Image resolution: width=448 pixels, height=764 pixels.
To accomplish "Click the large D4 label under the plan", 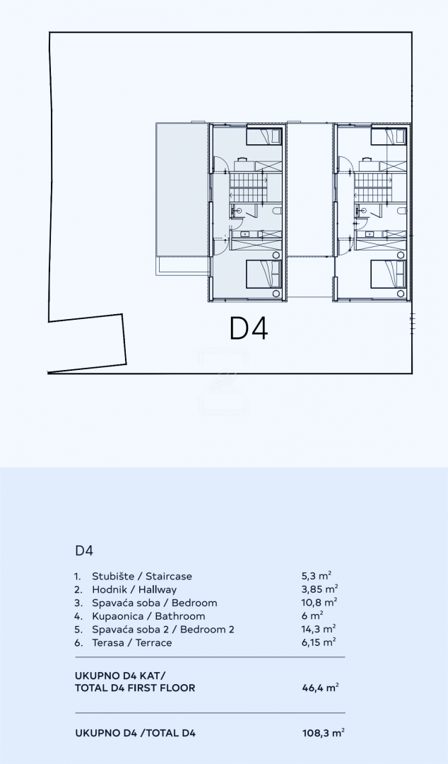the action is pos(248,328).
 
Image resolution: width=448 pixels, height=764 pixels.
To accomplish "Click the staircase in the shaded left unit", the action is pos(248,187).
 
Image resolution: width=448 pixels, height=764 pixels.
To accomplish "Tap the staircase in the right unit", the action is pos(372,187).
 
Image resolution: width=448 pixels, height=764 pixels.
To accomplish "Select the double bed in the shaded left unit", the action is pos(264,274).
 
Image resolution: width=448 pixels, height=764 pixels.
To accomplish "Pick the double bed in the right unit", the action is pos(389,274).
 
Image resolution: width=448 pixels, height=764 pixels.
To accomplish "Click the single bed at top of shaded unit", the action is pos(264,137).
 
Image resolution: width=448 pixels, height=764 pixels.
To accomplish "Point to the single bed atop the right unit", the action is pos(389,137).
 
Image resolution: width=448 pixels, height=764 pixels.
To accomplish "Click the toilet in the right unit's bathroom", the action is pos(402,211).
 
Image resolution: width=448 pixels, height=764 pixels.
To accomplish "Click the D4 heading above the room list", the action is pos(84,550).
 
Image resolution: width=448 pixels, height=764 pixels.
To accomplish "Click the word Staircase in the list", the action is pos(168,576).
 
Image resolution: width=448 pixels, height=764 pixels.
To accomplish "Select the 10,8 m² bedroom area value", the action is pos(319,602).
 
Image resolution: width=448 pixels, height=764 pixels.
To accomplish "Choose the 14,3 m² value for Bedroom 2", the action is pos(319,629).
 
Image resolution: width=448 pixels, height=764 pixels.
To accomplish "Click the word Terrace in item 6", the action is pos(153,642).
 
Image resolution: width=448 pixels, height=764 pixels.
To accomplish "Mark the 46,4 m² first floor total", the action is pos(320,688).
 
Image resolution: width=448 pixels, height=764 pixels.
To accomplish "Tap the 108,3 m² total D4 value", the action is pos(324,732).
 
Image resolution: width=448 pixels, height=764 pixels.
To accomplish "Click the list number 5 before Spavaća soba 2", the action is pos(78,630).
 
